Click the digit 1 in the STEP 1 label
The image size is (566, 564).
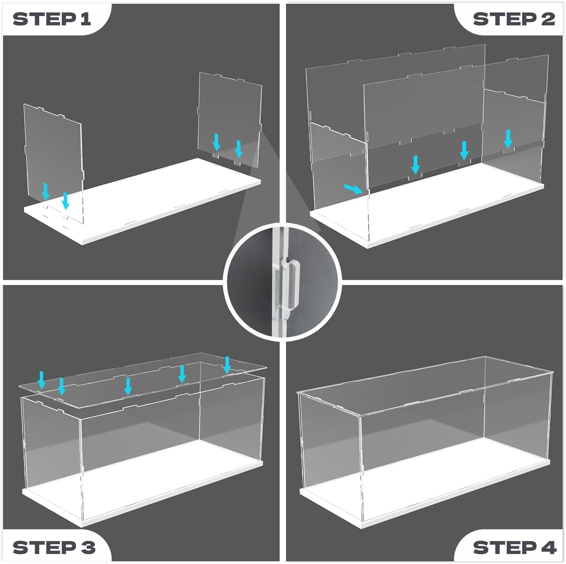(86, 19)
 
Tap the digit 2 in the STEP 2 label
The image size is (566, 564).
(548, 19)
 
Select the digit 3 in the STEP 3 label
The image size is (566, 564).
(88, 547)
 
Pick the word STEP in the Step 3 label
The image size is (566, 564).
(45, 547)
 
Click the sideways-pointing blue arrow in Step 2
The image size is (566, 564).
(354, 189)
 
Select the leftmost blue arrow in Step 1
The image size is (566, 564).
(46, 191)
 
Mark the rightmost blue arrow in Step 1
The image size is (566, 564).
(238, 149)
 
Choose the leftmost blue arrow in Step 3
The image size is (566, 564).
(42, 380)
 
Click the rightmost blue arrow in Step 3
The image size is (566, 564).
(227, 365)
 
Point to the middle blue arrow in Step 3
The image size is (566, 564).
(128, 386)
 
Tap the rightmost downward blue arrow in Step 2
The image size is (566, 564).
(508, 139)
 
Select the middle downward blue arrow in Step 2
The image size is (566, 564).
(464, 150)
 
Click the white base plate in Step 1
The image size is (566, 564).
(143, 202)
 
